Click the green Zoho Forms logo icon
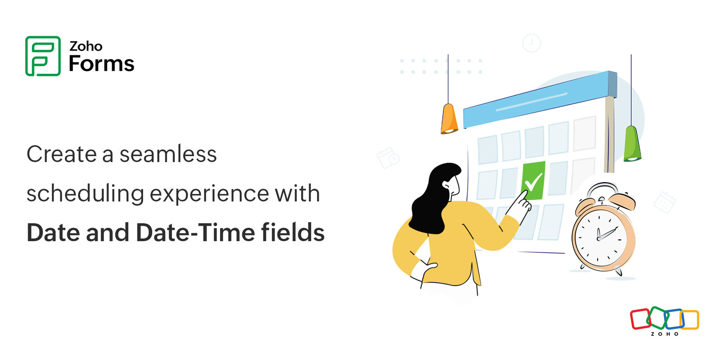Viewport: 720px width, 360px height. coord(43,56)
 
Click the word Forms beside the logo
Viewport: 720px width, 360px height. coord(101,64)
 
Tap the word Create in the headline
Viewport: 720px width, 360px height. coord(61,154)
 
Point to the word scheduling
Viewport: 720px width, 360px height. coord(85,194)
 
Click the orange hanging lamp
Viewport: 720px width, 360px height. coord(449,119)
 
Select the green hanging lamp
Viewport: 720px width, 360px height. coord(632,144)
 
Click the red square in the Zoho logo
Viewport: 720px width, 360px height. coord(640,319)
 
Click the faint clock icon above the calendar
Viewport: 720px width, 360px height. coord(531,43)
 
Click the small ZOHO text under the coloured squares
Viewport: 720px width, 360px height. coord(665,334)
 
